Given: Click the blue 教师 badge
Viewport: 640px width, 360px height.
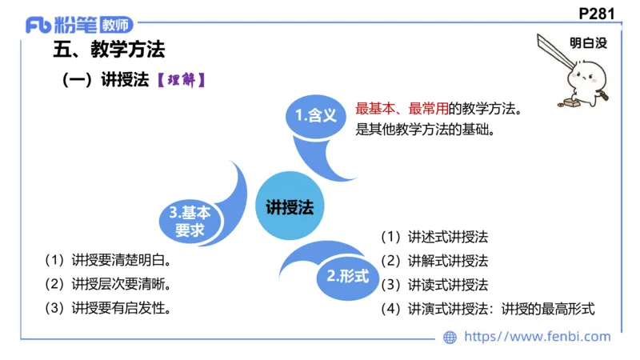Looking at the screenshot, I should click(x=113, y=25).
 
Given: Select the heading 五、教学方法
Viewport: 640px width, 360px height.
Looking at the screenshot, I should click(x=108, y=50).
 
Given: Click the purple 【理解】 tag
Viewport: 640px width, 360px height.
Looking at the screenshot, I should click(x=182, y=80).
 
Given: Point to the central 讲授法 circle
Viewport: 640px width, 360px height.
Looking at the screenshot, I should click(x=290, y=206).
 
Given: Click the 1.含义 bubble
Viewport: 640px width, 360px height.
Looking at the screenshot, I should click(x=314, y=116).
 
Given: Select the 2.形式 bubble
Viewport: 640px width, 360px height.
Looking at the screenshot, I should click(x=348, y=276).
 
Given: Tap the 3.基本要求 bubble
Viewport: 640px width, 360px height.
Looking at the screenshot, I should click(x=190, y=222).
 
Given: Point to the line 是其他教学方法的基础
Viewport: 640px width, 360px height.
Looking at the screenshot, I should click(x=422, y=128).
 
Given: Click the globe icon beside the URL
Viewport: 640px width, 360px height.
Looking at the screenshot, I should click(x=450, y=338).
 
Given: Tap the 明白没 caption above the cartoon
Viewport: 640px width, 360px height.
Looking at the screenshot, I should click(x=588, y=44).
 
